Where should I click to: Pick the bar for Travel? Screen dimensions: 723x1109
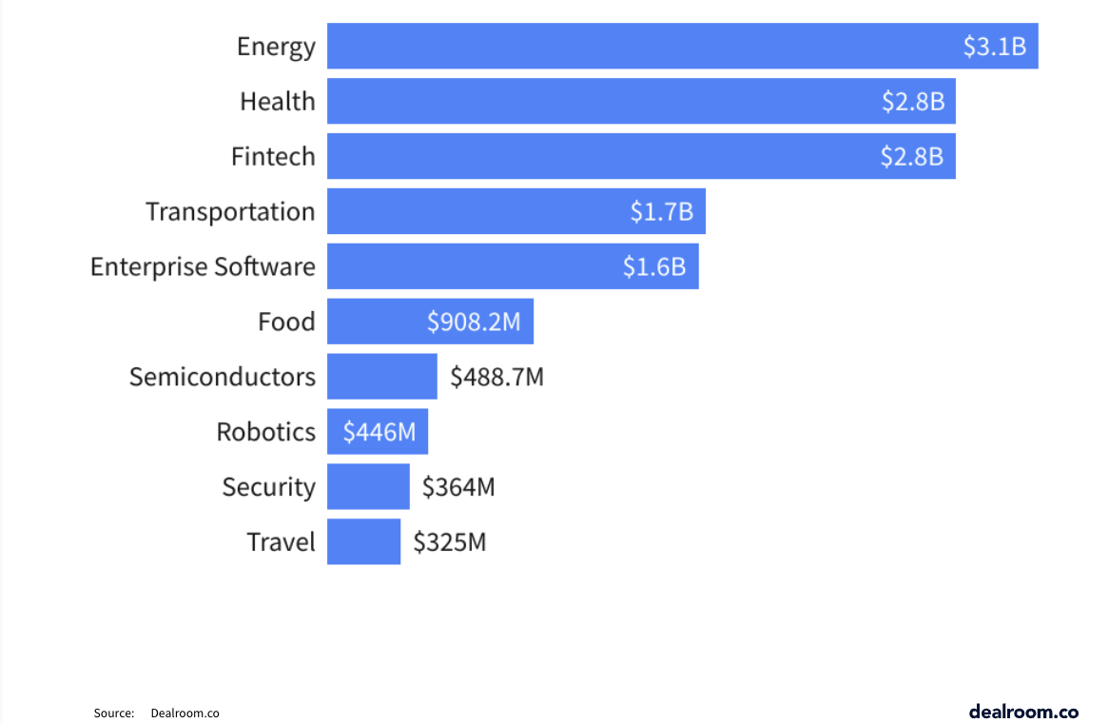(363, 541)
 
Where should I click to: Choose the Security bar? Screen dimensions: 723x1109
(368, 487)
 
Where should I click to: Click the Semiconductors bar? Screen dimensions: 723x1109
(381, 377)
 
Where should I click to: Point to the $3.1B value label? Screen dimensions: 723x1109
(995, 47)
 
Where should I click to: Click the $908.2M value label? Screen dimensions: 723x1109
(474, 322)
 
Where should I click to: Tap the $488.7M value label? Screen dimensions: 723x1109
(496, 377)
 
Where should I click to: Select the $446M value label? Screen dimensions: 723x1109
(379, 432)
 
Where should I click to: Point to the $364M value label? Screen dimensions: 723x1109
(458, 487)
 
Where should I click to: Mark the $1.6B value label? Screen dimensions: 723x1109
(654, 266)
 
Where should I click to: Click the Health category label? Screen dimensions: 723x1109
(277, 101)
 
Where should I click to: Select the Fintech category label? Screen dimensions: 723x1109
(273, 156)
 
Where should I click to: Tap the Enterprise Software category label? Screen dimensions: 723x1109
(203, 266)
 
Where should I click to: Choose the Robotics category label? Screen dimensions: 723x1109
(265, 432)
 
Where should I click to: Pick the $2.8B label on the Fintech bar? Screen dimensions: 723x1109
(912, 157)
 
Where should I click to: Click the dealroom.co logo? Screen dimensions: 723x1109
(1023, 711)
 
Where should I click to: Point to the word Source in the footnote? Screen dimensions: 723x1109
(113, 713)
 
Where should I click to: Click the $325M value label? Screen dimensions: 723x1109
(449, 542)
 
